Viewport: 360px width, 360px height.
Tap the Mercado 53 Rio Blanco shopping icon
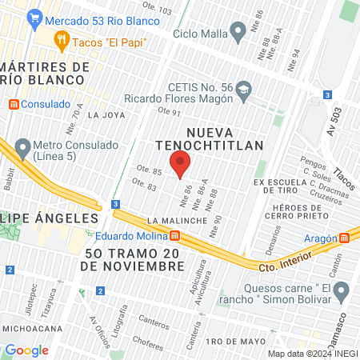[34, 17]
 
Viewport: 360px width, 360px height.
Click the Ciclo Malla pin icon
[238, 32]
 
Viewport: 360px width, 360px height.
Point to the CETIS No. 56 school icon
[244, 87]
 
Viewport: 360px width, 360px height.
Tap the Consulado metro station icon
[12, 104]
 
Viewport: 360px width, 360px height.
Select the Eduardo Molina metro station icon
[174, 235]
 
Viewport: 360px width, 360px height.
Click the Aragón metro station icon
[345, 237]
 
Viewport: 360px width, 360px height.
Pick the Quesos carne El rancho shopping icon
[342, 290]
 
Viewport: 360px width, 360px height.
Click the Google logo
[26, 350]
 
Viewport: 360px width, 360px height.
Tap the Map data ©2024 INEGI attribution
[311, 354]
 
